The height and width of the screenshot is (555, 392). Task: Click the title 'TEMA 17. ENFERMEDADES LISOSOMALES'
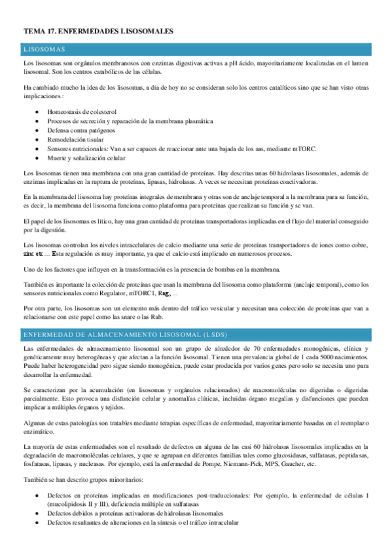pos(98,31)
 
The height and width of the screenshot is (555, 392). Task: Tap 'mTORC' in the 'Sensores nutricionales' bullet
pos(306,149)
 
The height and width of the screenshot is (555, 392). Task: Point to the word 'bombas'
pos(232,270)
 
